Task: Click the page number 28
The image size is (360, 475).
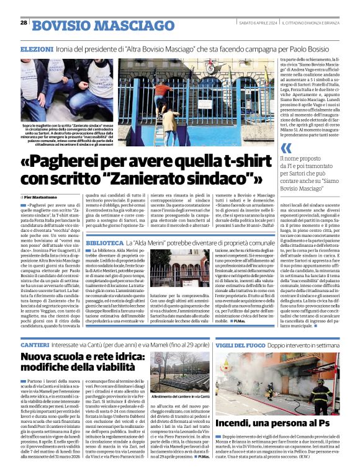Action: (24, 22)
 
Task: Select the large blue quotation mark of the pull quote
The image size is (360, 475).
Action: (285, 148)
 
